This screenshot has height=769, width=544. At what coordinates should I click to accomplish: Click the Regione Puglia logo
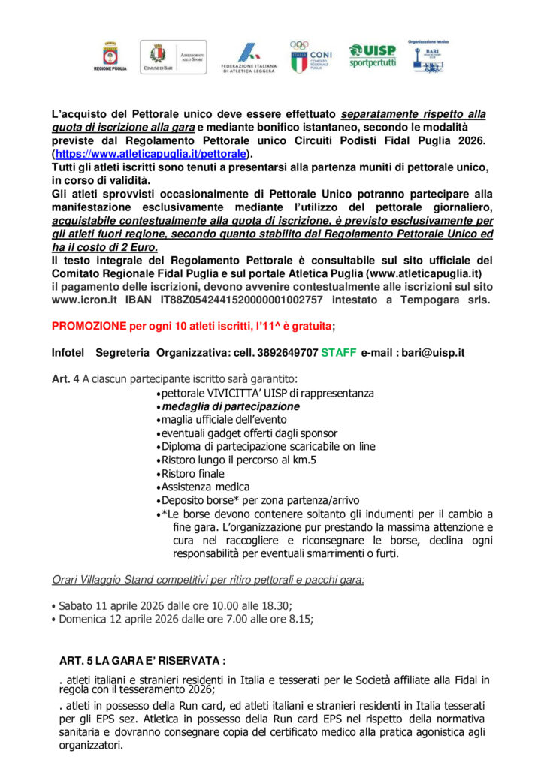(115, 57)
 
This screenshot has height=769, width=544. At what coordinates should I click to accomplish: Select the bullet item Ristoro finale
(192, 473)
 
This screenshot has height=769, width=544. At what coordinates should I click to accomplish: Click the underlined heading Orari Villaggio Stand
(207, 580)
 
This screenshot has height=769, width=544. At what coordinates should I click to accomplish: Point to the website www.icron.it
(83, 300)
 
